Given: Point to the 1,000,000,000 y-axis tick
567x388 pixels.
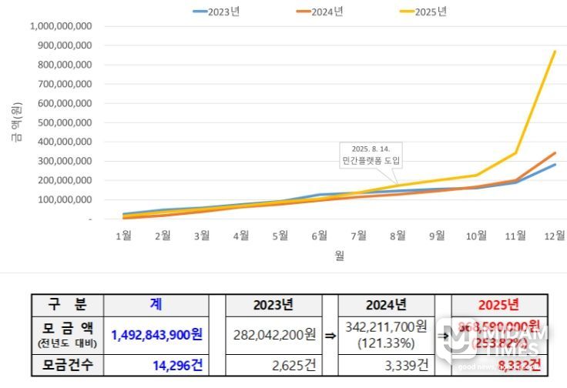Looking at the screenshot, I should click(x=61, y=26).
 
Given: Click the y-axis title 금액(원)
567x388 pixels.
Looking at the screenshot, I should click(x=15, y=124).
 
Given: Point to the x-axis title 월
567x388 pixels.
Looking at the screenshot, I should click(x=339, y=256).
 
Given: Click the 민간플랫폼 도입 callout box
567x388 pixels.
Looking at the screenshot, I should click(x=371, y=156).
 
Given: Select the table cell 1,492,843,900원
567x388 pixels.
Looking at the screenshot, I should click(x=156, y=335).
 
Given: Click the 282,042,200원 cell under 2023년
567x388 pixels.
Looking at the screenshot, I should click(x=274, y=335).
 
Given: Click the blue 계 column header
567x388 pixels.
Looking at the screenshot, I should click(x=156, y=304).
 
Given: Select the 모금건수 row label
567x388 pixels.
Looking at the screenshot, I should click(x=67, y=364).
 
